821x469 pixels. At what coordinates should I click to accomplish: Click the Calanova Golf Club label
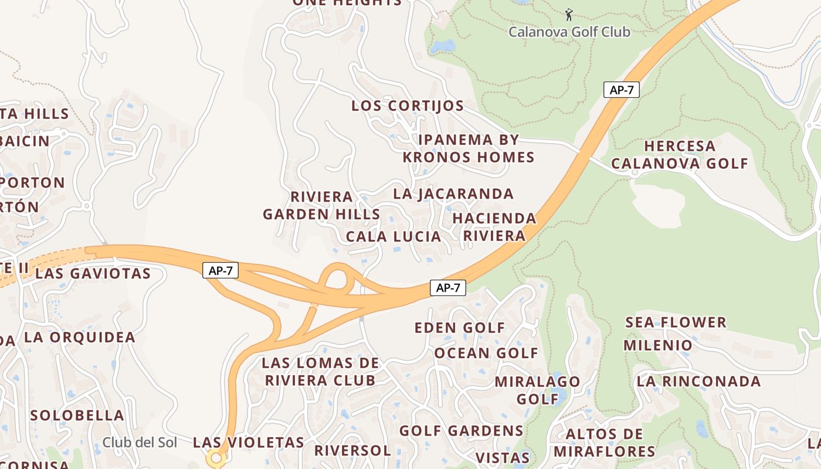(x=569, y=32)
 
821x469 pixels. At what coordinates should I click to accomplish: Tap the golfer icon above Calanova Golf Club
(x=568, y=14)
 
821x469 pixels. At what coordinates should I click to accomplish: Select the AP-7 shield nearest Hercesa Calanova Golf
(x=621, y=90)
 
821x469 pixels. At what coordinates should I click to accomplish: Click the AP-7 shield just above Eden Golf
(x=448, y=287)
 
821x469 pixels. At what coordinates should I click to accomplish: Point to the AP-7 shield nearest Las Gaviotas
(x=220, y=270)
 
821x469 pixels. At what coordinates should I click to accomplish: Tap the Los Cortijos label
(x=408, y=106)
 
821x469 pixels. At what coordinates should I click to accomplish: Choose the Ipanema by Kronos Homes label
(x=469, y=148)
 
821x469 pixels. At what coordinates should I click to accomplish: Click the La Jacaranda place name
(x=453, y=193)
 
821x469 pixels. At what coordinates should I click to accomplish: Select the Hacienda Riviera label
(x=494, y=227)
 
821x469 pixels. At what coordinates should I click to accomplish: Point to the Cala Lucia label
(x=393, y=237)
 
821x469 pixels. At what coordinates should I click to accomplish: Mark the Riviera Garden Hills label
(x=321, y=205)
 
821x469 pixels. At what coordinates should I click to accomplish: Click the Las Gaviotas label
(x=93, y=273)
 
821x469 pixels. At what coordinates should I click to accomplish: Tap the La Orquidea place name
(x=80, y=337)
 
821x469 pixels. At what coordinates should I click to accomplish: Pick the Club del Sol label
(x=140, y=442)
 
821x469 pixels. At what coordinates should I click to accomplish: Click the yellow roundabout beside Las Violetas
(x=216, y=458)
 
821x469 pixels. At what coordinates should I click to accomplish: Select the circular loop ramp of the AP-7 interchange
(x=337, y=278)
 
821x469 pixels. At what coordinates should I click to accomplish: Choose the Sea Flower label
(x=676, y=322)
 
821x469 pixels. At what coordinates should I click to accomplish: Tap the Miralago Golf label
(x=537, y=390)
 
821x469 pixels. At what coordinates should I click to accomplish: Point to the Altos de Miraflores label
(x=604, y=443)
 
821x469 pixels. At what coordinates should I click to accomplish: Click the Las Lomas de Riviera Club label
(x=320, y=371)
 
